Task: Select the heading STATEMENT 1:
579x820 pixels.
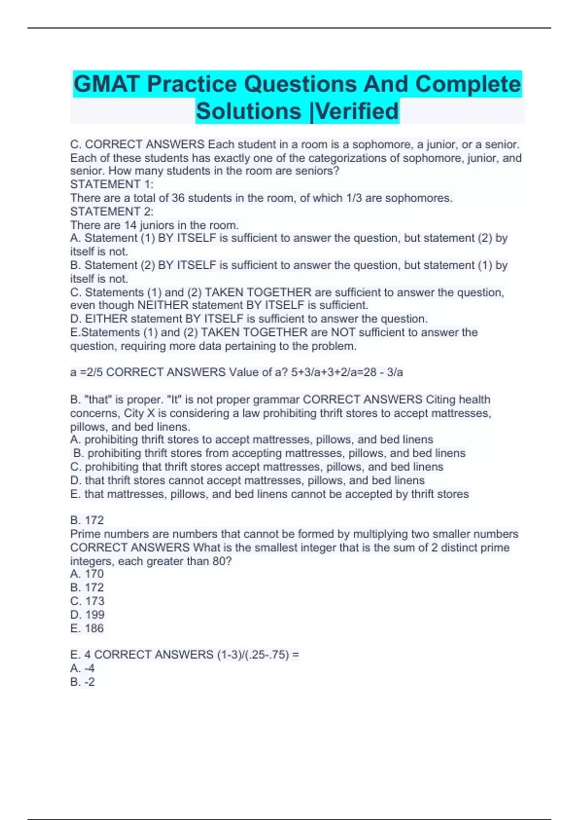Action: pyautogui.click(x=112, y=184)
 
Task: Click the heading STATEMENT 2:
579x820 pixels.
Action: pyautogui.click(x=112, y=211)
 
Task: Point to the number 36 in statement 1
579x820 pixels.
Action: pyautogui.click(x=178, y=198)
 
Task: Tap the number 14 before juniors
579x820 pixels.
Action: pyautogui.click(x=130, y=225)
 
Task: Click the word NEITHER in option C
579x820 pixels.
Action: pyautogui.click(x=163, y=305)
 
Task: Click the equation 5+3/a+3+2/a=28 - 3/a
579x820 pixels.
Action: pyautogui.click(x=347, y=372)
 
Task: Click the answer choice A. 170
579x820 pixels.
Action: pyautogui.click(x=87, y=574)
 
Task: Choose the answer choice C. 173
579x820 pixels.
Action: pyautogui.click(x=87, y=601)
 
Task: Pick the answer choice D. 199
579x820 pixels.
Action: pyautogui.click(x=87, y=615)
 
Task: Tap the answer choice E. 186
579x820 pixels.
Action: pyautogui.click(x=87, y=629)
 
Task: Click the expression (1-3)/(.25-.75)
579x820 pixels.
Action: pyautogui.click(x=253, y=655)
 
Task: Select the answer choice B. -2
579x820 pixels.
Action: pyautogui.click(x=83, y=682)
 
